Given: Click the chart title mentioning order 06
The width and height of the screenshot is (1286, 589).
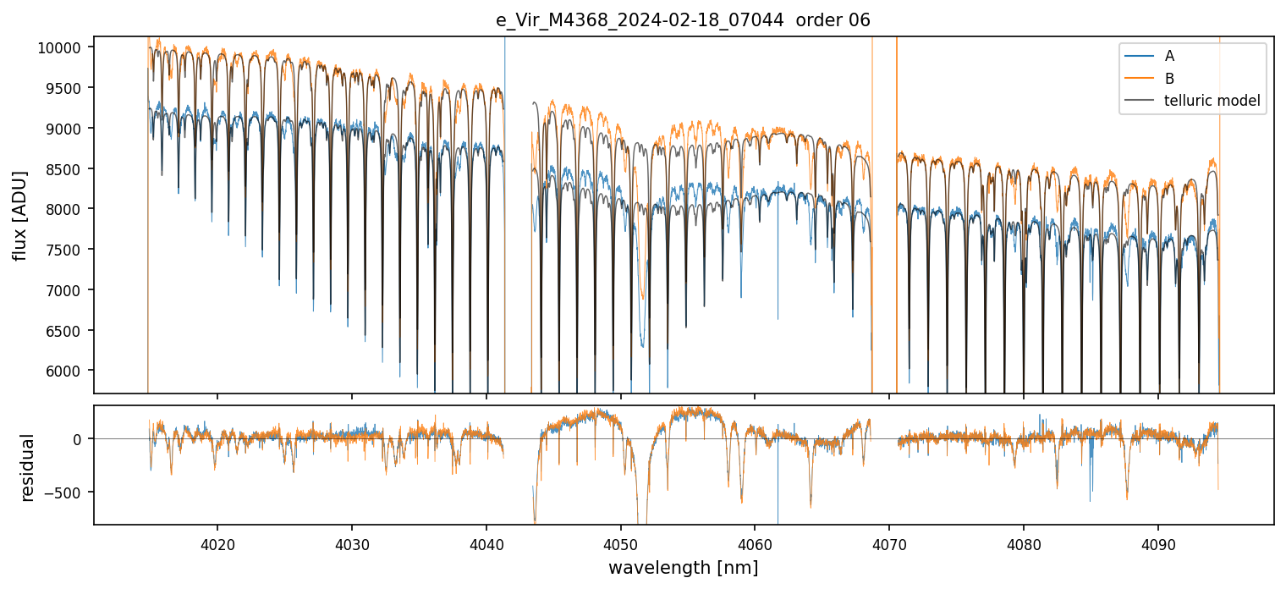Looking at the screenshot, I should (x=683, y=20).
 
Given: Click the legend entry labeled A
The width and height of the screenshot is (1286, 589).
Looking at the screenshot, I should (x=1169, y=56).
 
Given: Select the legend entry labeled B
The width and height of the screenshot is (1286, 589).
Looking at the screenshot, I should (x=1169, y=79).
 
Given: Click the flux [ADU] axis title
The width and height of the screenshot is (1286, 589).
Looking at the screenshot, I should (x=19, y=215).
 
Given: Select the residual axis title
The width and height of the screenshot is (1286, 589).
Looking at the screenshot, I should (x=29, y=467).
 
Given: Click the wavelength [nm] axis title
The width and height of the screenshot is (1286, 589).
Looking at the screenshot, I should (x=683, y=567).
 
